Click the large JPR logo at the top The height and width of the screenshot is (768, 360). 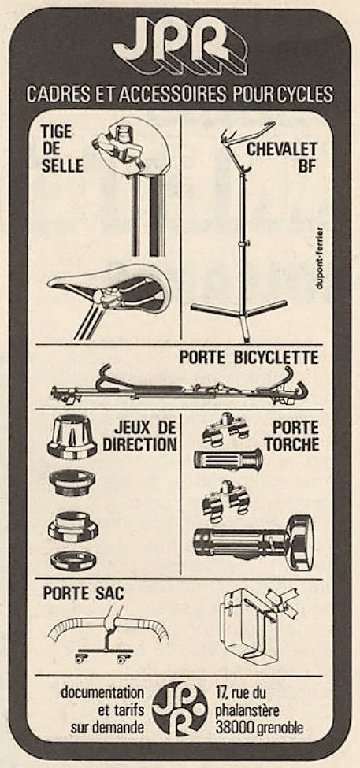[x=180, y=45]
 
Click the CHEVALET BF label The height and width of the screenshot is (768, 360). [x=282, y=157]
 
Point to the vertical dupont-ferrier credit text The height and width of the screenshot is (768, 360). [x=320, y=257]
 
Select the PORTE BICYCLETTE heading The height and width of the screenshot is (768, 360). [x=249, y=357]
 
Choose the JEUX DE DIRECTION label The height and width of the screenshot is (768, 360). [x=139, y=436]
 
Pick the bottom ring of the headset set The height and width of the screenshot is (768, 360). [x=73, y=559]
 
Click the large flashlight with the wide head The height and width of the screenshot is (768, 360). [x=253, y=542]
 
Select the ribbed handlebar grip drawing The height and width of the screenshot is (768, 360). [x=228, y=460]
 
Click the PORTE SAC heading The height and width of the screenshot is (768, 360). [x=84, y=594]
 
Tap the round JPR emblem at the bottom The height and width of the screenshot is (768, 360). [x=180, y=708]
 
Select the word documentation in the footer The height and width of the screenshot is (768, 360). [x=102, y=693]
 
